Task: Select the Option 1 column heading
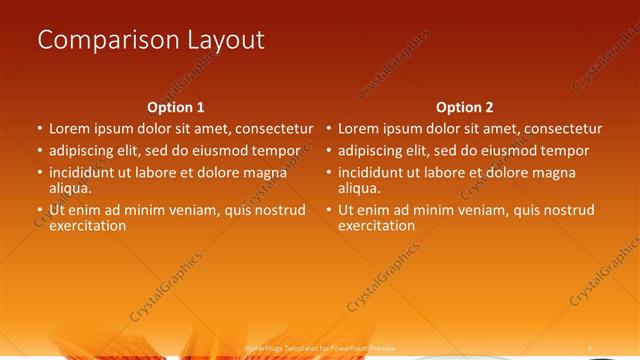click(x=176, y=107)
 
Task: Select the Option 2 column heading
click(x=465, y=107)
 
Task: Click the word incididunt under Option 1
click(x=87, y=173)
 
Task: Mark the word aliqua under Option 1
click(x=70, y=187)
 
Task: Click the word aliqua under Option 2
click(x=359, y=187)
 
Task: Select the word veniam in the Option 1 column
click(x=192, y=210)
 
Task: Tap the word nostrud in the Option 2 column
click(x=567, y=210)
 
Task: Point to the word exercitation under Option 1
click(x=88, y=225)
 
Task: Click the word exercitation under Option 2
click(x=377, y=225)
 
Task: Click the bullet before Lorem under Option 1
click(x=40, y=129)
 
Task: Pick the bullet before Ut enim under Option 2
click(x=329, y=210)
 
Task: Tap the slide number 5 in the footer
click(x=590, y=347)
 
